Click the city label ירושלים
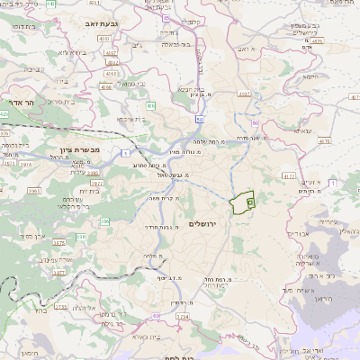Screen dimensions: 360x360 click(204, 222)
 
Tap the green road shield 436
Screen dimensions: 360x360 click(150, 106)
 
